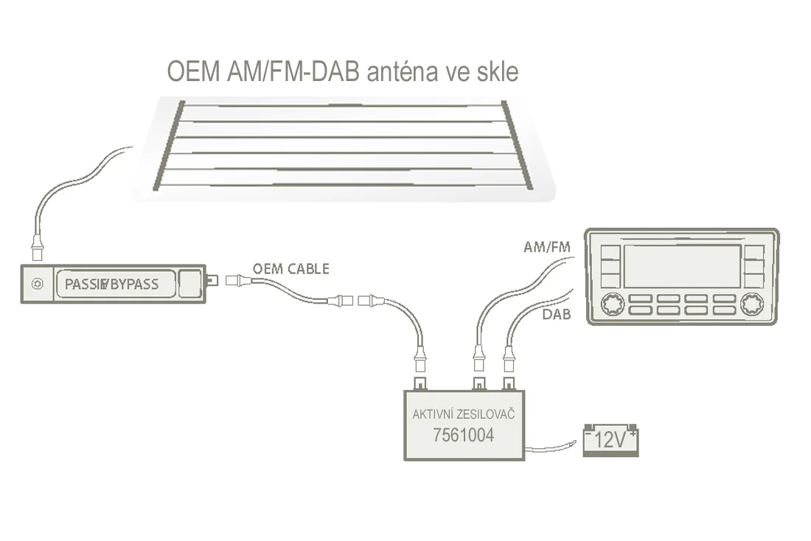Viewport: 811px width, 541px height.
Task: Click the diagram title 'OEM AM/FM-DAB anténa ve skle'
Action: pyautogui.click(x=342, y=71)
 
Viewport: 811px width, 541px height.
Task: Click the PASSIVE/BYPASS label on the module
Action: pyautogui.click(x=111, y=284)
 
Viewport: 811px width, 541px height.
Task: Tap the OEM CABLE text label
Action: pyautogui.click(x=290, y=268)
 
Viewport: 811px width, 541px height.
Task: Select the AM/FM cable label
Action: pyautogui.click(x=547, y=248)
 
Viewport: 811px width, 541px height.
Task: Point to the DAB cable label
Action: pyautogui.click(x=557, y=315)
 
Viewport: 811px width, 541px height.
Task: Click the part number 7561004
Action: pyautogui.click(x=463, y=436)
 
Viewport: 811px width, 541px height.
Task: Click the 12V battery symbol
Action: pyautogui.click(x=610, y=440)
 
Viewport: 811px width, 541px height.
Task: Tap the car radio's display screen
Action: pyautogui.click(x=681, y=265)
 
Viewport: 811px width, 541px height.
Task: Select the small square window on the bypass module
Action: pyautogui.click(x=191, y=283)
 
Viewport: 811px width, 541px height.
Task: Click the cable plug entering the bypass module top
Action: pyautogui.click(x=36, y=248)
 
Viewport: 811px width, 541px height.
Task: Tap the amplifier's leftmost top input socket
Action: pyautogui.click(x=420, y=383)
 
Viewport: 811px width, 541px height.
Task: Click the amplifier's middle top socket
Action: pyautogui.click(x=478, y=383)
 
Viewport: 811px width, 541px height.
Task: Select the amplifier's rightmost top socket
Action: pyautogui.click(x=508, y=383)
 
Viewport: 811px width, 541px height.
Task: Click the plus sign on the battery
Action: pyautogui.click(x=633, y=434)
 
